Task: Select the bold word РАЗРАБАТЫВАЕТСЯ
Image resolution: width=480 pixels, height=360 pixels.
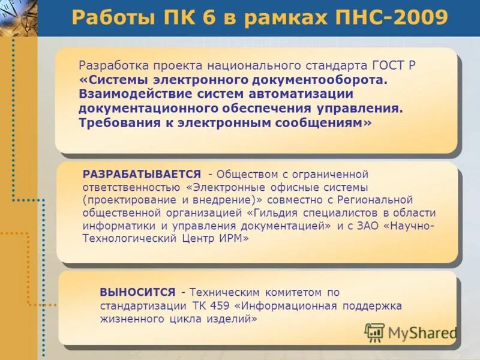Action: [142, 174]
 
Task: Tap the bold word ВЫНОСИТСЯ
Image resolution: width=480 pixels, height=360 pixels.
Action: [137, 292]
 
